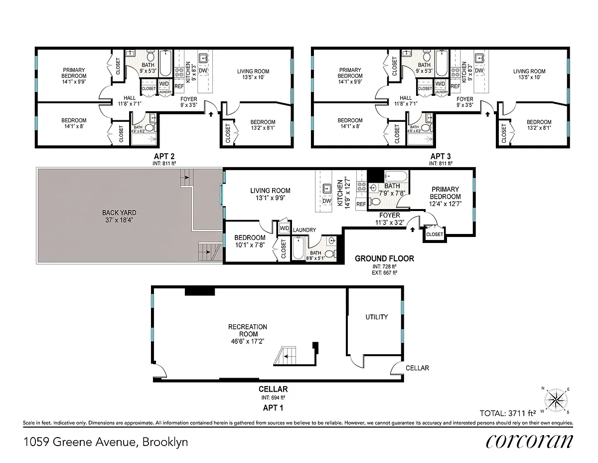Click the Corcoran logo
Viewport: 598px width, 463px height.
tap(529, 441)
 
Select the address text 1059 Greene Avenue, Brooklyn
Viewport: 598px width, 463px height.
tap(106, 442)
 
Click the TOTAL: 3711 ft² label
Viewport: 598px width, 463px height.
tap(507, 413)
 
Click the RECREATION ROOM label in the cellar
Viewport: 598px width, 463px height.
tap(248, 330)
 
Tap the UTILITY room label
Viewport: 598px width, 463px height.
tap(376, 317)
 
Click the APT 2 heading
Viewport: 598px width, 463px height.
tap(164, 156)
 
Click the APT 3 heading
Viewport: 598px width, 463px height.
tap(441, 156)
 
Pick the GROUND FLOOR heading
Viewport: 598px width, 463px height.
tap(384, 258)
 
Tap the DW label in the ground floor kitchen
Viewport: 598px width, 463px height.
tap(327, 201)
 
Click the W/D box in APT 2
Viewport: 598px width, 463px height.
tap(164, 83)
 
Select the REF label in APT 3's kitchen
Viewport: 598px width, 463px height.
tap(455, 86)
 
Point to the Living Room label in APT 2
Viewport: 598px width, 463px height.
tap(253, 74)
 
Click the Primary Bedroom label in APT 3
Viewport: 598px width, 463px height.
tap(350, 76)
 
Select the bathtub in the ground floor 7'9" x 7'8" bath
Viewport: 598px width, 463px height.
tap(396, 177)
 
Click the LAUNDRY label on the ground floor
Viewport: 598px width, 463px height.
tap(304, 230)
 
